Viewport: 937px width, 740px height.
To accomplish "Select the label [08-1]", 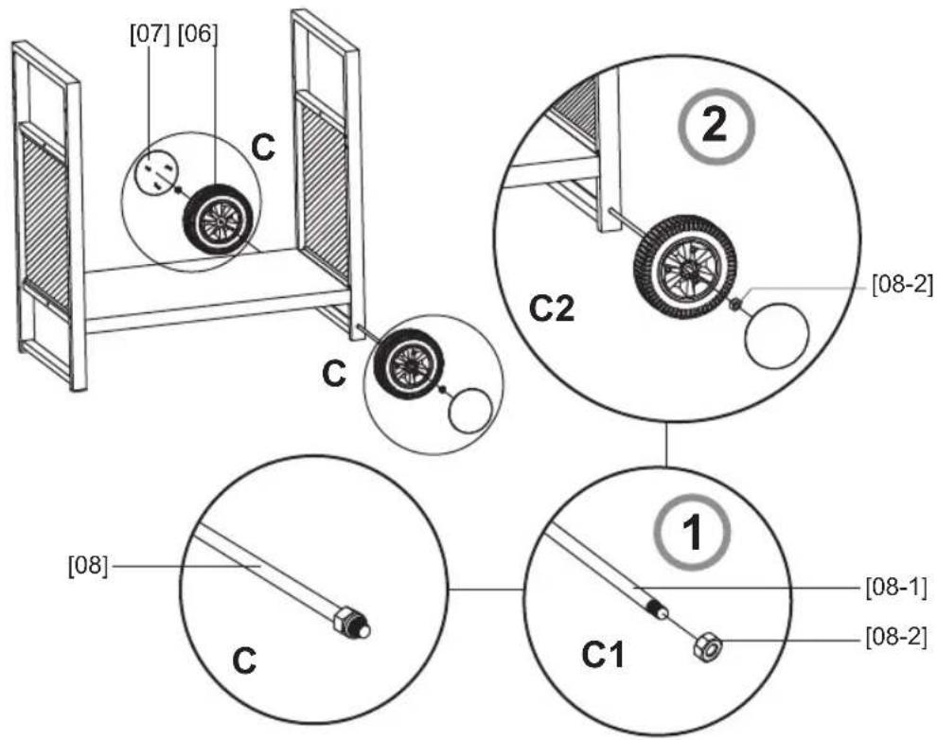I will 894,588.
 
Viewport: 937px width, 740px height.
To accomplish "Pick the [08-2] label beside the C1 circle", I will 894,637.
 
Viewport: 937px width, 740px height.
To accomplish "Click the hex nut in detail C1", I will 705,647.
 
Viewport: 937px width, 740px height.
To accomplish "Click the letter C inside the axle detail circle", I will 244,661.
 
